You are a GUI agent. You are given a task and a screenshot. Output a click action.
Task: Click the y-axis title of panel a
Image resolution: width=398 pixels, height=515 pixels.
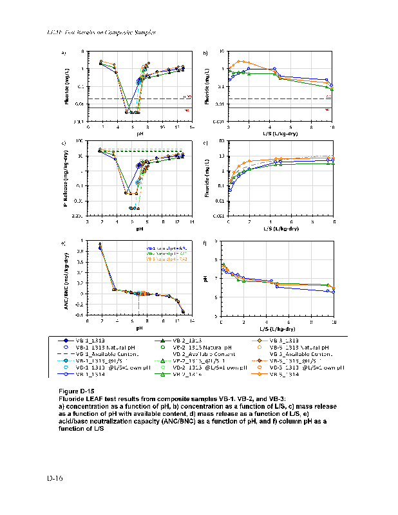pos(67,87)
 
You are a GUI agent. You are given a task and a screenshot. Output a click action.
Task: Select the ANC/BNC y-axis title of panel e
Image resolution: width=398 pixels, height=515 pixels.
pos(67,277)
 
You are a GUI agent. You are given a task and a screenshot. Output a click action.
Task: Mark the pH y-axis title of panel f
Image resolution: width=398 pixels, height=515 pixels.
pos(207,278)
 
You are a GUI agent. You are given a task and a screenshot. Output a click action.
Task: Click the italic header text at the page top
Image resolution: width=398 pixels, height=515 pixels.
pos(103,32)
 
